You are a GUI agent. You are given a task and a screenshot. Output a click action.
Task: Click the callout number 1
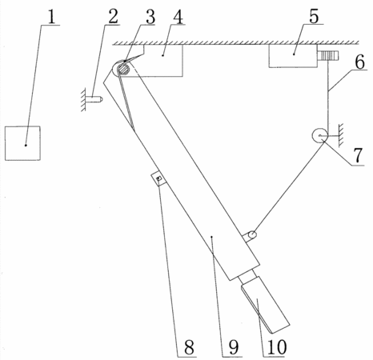52,17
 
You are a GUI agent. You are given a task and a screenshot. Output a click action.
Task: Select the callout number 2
113,17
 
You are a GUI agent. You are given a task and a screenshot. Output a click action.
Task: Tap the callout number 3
150,17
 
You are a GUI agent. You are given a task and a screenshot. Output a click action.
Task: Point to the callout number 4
178,17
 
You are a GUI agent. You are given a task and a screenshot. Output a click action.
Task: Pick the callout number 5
314,17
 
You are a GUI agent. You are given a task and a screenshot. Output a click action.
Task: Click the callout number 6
360,62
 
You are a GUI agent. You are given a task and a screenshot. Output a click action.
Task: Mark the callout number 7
359,155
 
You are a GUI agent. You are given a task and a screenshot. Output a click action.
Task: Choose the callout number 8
189,347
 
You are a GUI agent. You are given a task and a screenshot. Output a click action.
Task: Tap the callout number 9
234,347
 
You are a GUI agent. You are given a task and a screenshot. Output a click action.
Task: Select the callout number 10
277,347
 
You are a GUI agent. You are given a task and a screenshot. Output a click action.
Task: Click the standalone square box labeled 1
22,143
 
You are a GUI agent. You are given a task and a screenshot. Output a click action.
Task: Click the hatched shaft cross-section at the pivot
124,70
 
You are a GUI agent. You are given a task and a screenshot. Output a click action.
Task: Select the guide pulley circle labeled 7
319,135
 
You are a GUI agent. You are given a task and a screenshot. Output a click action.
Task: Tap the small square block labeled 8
158,178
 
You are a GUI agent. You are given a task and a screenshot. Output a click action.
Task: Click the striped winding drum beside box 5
328,56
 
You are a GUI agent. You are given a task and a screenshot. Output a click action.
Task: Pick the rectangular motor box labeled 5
293,56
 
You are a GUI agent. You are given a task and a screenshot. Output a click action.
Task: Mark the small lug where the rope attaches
251,236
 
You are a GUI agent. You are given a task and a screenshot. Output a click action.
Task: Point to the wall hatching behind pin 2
83,99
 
